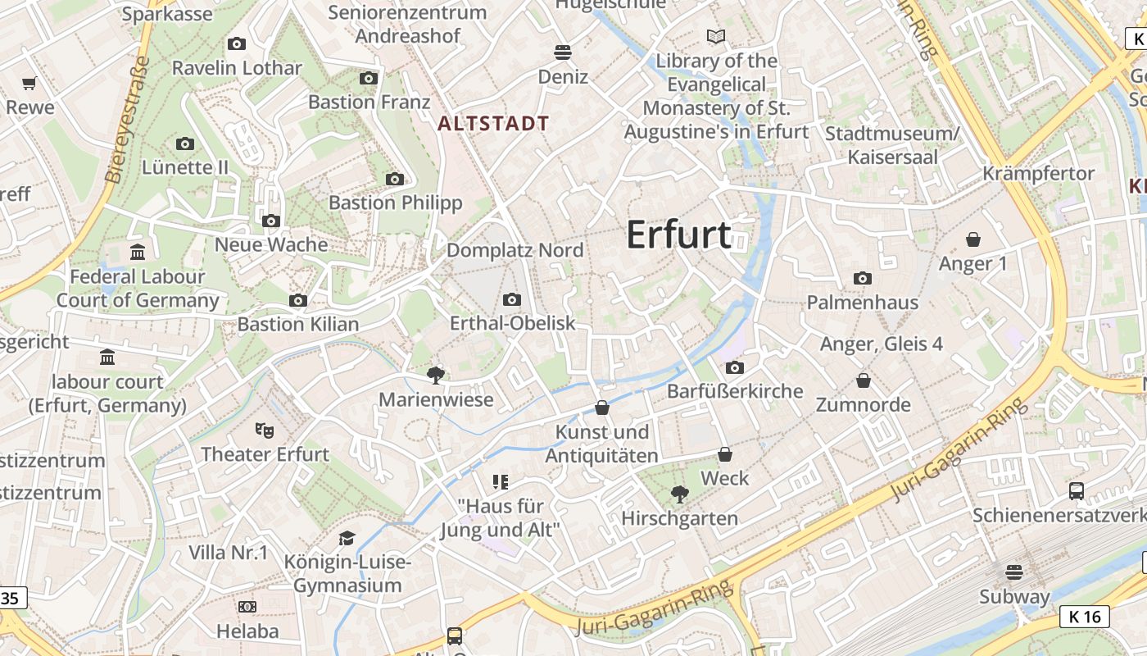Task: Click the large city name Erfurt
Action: coord(678,235)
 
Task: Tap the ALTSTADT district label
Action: coord(493,124)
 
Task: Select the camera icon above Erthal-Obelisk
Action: coord(512,300)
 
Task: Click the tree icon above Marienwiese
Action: coord(436,376)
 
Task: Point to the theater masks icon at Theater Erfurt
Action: coord(264,430)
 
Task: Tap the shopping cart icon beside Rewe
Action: coord(29,83)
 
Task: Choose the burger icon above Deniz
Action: coord(562,52)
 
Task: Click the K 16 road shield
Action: coord(1085,617)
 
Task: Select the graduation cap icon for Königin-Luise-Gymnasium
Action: coord(347,538)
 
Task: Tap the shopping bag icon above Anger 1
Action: coord(973,239)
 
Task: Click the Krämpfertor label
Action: coord(1039,173)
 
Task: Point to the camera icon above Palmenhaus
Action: coord(862,279)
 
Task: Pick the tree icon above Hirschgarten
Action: coord(679,494)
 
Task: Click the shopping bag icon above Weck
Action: coord(725,454)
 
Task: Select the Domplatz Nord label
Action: coord(515,250)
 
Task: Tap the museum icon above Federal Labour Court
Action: coord(138,252)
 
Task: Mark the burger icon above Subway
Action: coord(1014,572)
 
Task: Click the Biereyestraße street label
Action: coord(128,119)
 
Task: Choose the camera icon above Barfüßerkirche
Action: coord(735,367)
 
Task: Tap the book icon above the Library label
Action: coord(716,36)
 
